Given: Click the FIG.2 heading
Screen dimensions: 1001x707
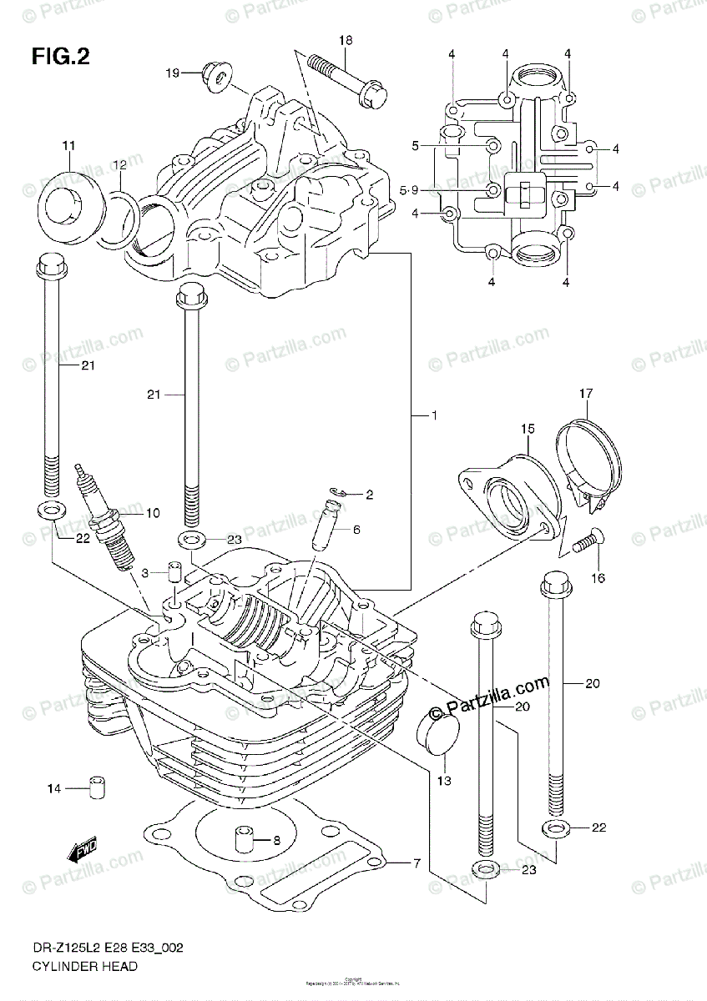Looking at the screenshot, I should (x=61, y=57).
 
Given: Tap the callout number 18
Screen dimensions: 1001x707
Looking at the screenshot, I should (x=346, y=41).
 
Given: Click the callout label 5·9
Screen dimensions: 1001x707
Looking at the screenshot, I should (x=410, y=191).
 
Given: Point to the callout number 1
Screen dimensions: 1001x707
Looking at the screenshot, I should (x=434, y=415).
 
